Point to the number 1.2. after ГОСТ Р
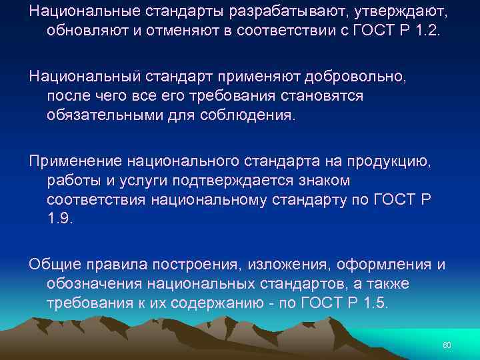pyautogui.click(x=429, y=31)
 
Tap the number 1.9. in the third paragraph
pyautogui.click(x=61, y=218)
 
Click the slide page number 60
pyautogui.click(x=447, y=345)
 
